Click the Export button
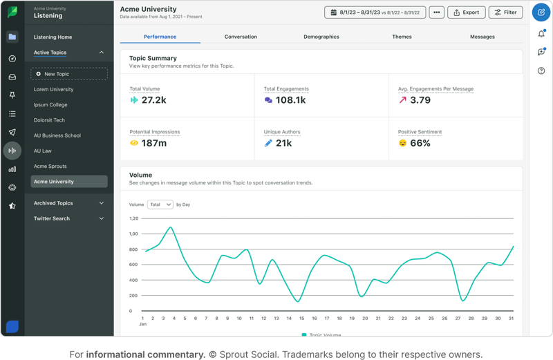466,12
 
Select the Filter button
505,12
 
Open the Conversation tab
241,37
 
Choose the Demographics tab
321,37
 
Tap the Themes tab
402,37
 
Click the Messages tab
482,37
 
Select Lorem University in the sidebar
53,89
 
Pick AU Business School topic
57,135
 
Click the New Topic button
69,74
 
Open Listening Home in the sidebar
53,37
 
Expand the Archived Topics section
69,203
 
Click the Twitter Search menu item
52,218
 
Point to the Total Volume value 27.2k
153,100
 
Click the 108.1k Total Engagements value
290,100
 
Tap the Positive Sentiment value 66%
420,143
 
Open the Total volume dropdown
160,205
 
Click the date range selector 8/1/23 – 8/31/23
375,12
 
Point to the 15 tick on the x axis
301,319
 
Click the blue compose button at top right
541,12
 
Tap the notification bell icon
541,34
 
